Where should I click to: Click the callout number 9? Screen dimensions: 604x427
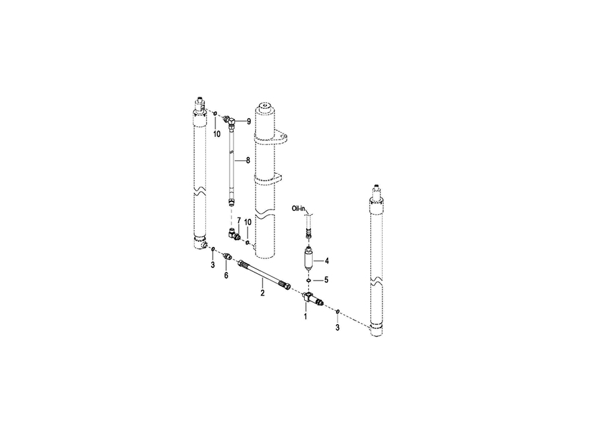pos(249,122)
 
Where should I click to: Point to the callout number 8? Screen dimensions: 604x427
pos(248,160)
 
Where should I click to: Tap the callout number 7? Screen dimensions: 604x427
pos(239,221)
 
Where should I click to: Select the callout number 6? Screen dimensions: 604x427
pos(226,275)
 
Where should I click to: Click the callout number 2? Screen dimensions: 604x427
pos(262,293)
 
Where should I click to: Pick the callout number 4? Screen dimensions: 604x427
pos(327,261)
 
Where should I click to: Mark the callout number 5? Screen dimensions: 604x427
pos(326,280)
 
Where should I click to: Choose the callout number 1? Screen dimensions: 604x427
pos(306,317)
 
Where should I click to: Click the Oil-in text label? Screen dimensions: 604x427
pos(298,209)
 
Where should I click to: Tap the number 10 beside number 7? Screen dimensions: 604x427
pos(248,222)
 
